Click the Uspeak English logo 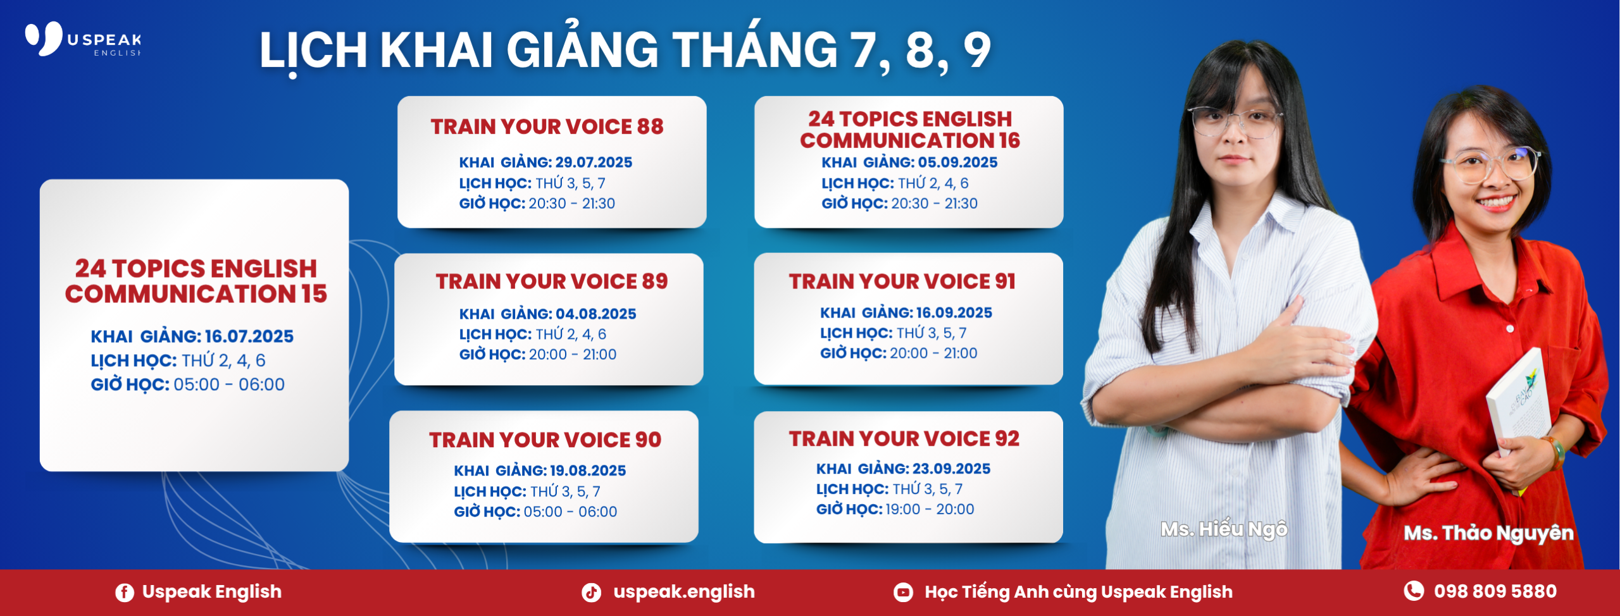[x=83, y=39]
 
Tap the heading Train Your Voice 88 [x=547, y=126]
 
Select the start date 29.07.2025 [x=594, y=163]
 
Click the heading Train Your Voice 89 [x=552, y=281]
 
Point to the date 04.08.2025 [x=596, y=314]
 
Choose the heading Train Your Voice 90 [x=545, y=440]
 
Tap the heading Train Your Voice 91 [x=902, y=281]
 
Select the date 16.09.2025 [x=954, y=312]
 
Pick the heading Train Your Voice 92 [x=904, y=439]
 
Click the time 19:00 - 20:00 [x=930, y=509]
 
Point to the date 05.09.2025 [x=957, y=163]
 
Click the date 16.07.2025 [x=249, y=336]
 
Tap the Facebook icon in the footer [x=125, y=593]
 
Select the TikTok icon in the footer [x=591, y=593]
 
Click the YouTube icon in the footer [x=903, y=593]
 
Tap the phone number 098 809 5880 [x=1495, y=591]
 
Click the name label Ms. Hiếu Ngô [x=1224, y=529]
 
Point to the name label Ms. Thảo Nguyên [x=1489, y=533]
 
